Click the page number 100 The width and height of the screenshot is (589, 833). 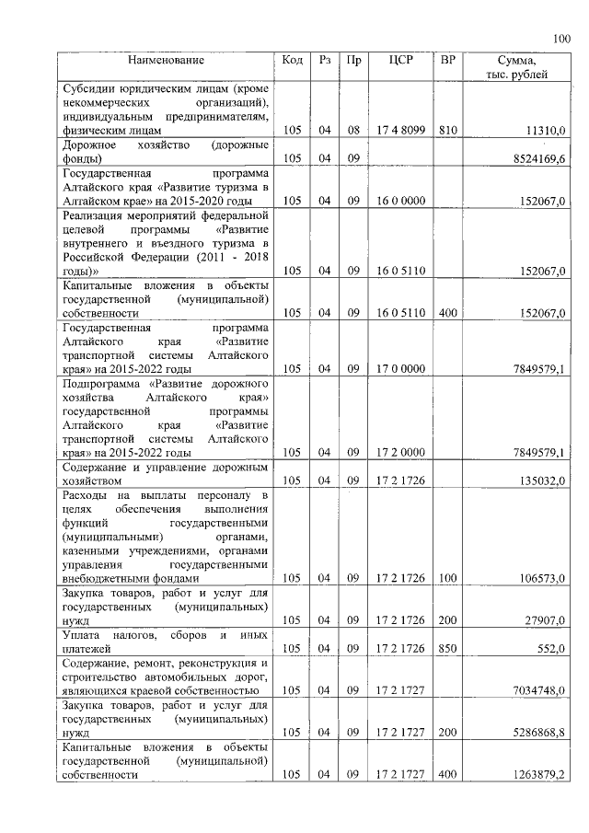(560, 38)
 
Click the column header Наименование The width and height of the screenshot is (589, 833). (166, 61)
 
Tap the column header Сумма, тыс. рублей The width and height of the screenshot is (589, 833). (516, 67)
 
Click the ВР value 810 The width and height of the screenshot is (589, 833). (448, 132)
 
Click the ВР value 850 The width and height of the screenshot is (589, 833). (448, 648)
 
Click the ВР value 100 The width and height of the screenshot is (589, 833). (448, 579)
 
